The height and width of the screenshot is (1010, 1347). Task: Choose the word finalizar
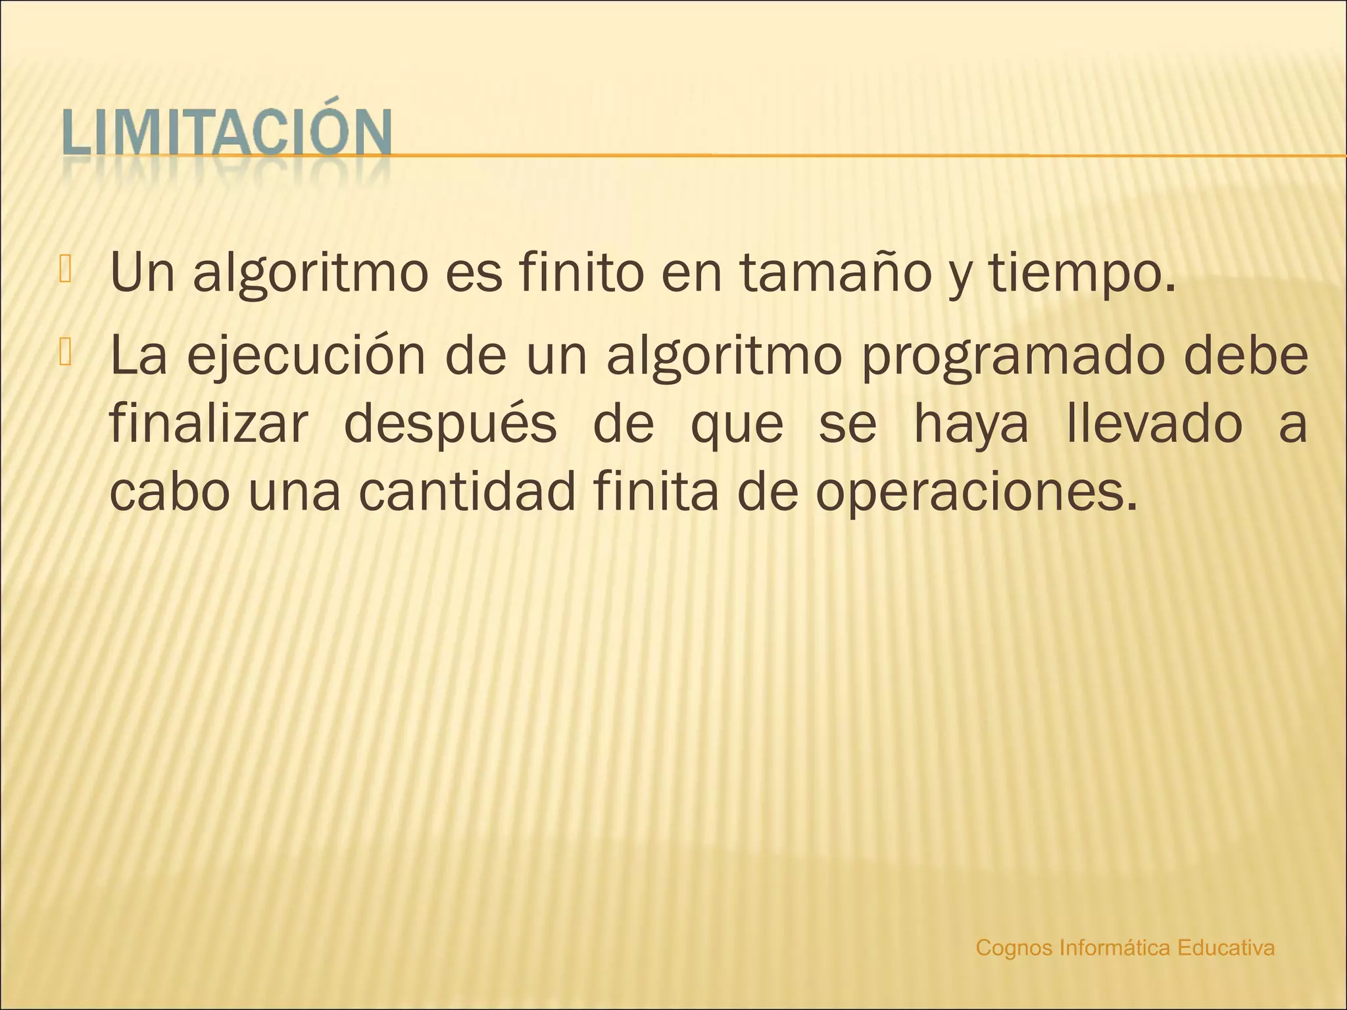pyautogui.click(x=208, y=424)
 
